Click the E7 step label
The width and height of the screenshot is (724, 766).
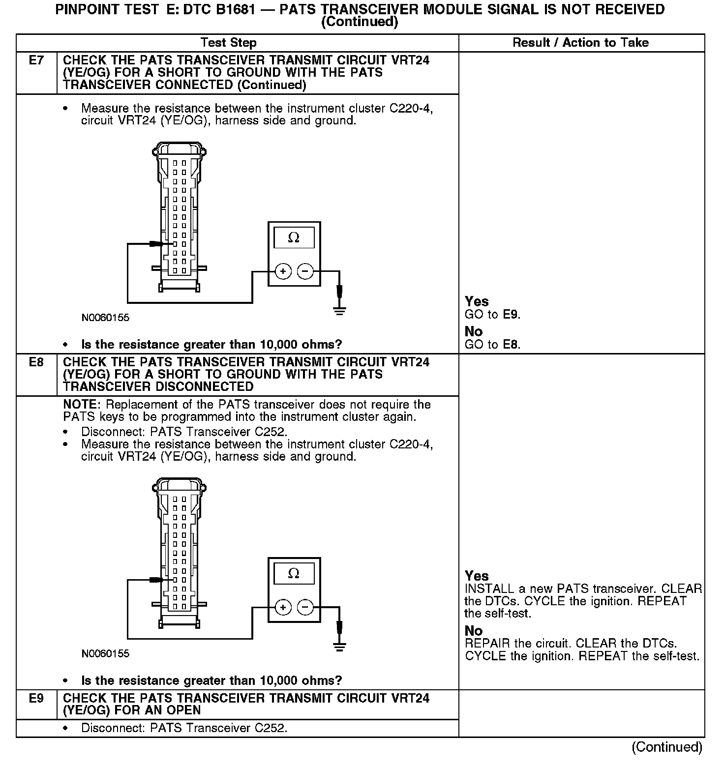(x=36, y=60)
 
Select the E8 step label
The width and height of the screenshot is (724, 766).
(x=36, y=362)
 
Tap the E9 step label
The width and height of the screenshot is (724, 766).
(x=36, y=698)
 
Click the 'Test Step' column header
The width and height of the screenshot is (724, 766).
(x=229, y=43)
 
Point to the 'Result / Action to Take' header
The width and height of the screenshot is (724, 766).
(x=580, y=43)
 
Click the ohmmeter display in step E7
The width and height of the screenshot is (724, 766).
(x=294, y=238)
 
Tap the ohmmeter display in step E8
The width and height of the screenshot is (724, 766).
(x=294, y=574)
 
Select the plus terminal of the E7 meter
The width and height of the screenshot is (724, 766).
(x=283, y=271)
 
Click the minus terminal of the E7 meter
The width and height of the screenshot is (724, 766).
(x=305, y=271)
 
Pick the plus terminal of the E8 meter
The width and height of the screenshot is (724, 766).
(x=283, y=608)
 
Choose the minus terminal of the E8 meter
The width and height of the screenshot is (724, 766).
(x=305, y=608)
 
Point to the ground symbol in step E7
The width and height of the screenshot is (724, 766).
(x=339, y=310)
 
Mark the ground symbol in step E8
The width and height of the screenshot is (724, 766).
(x=339, y=646)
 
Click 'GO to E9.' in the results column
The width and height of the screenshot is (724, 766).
(x=492, y=315)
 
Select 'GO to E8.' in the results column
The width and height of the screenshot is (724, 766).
(x=492, y=345)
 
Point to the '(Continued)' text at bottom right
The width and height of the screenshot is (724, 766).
(x=666, y=747)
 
